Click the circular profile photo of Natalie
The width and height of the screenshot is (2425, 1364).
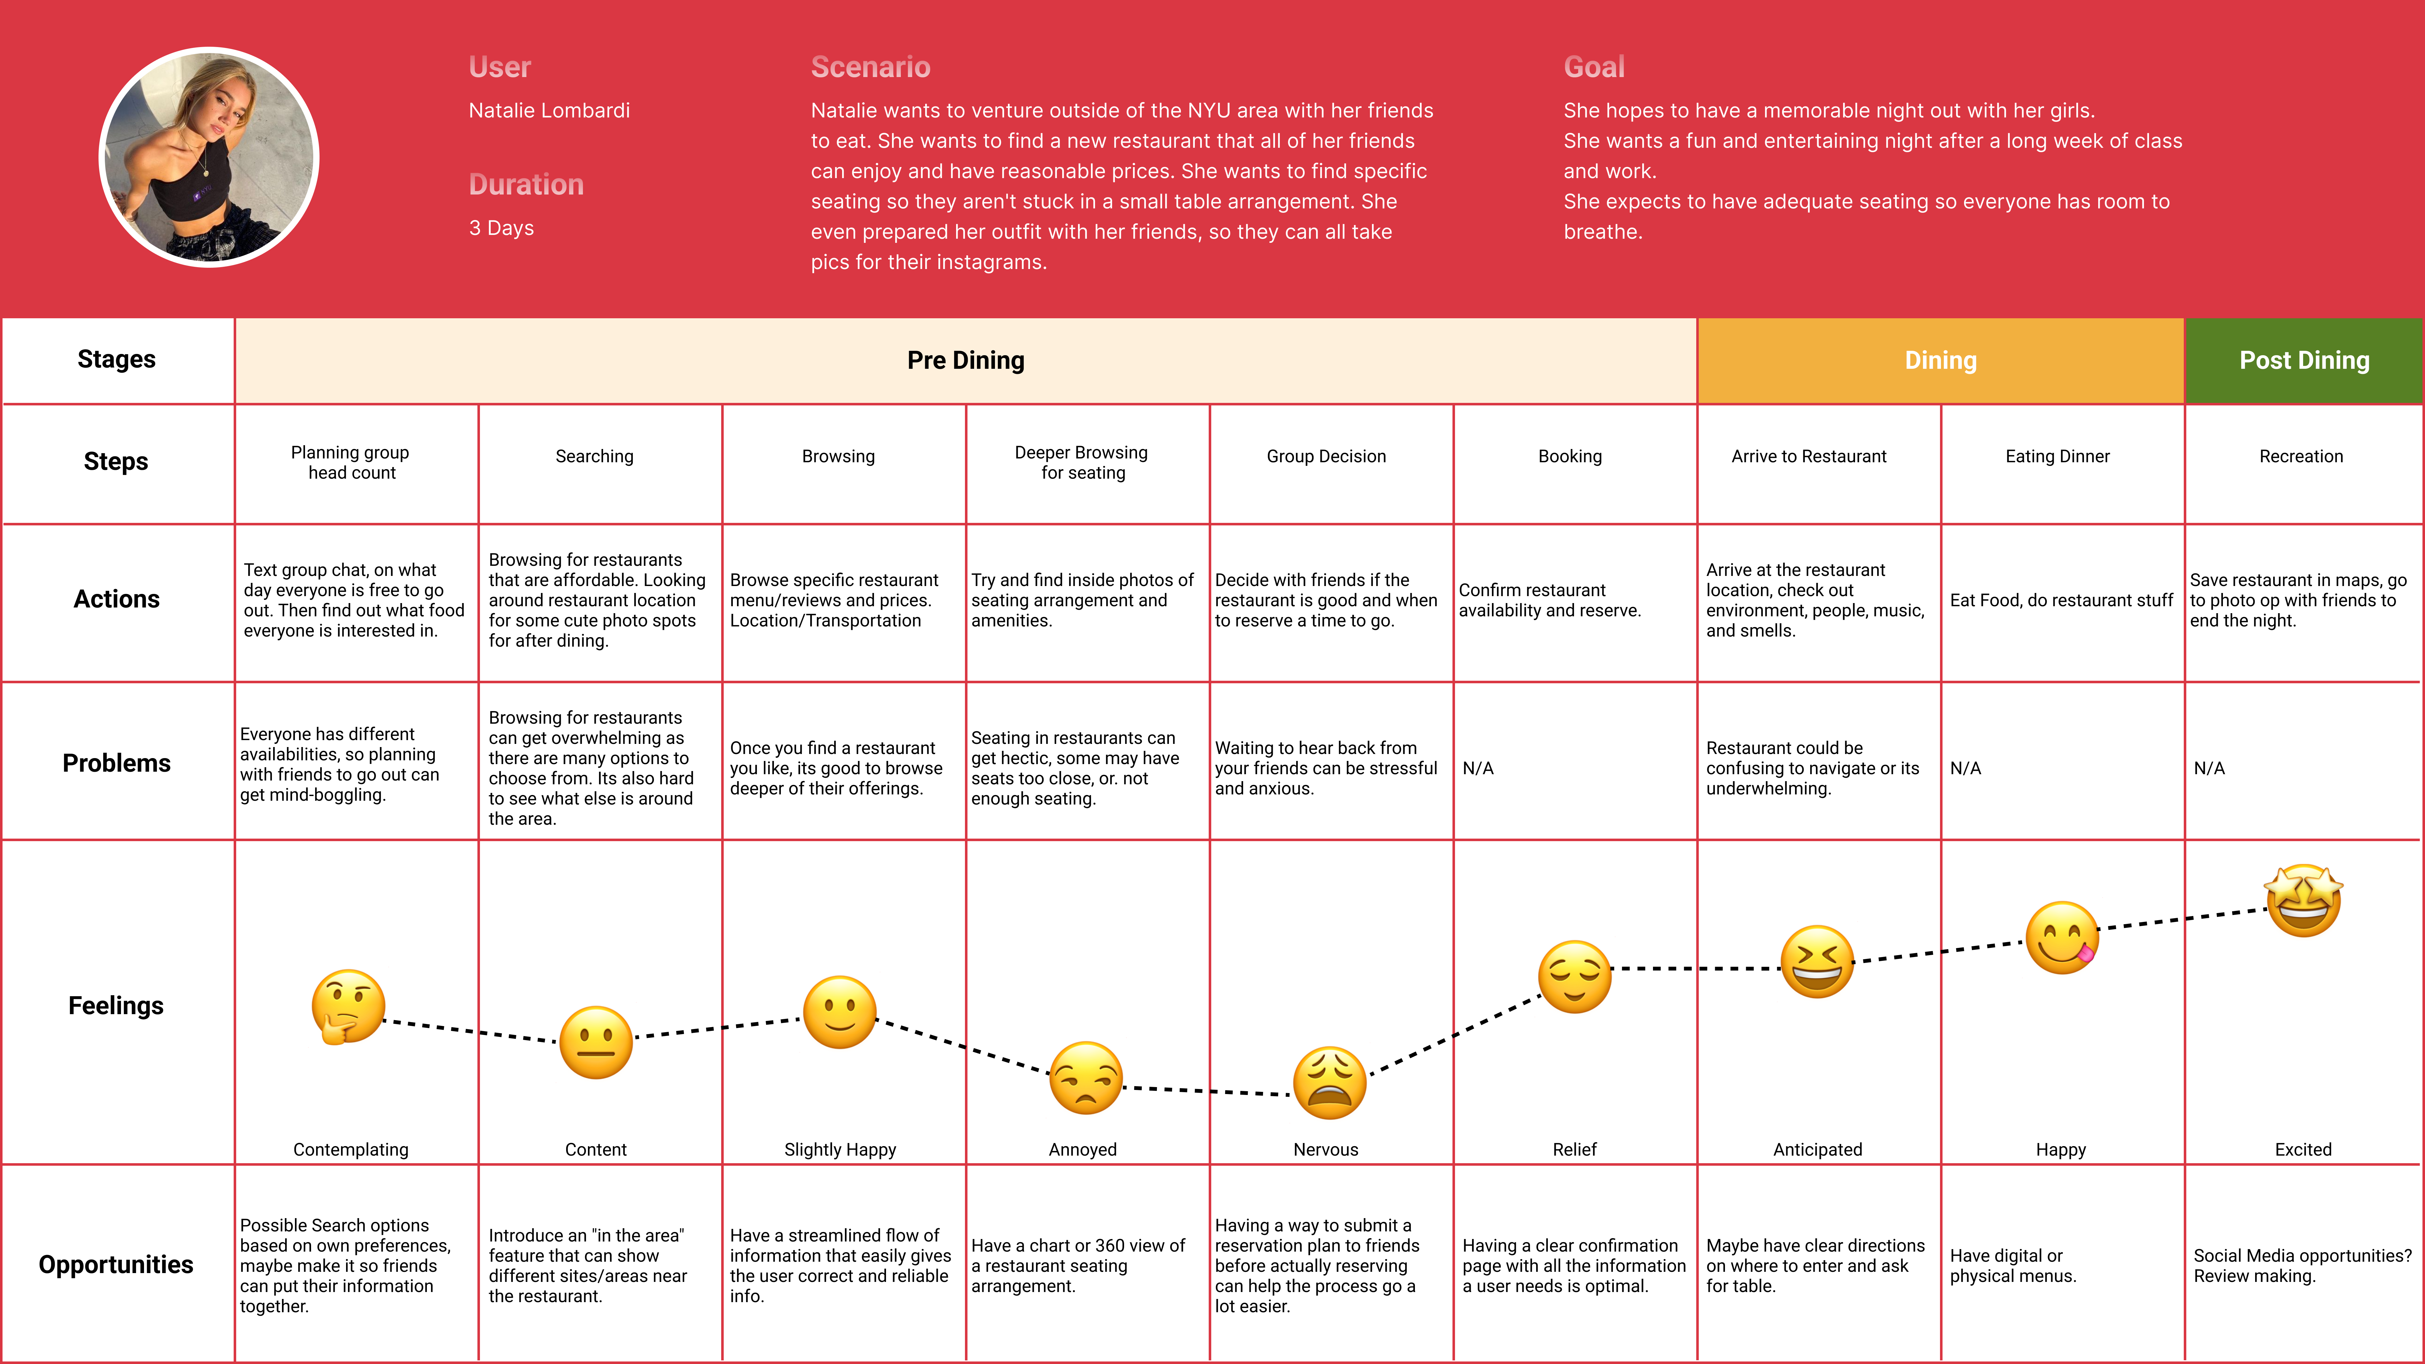tap(209, 157)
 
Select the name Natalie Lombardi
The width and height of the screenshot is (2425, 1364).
tap(549, 110)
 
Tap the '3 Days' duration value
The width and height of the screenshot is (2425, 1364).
tap(501, 228)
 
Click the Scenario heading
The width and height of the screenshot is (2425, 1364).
tap(870, 67)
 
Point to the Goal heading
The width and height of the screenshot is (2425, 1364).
tap(1594, 67)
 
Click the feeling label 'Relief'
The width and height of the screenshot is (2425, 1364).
tap(1574, 1149)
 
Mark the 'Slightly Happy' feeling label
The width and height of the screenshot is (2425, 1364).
tap(840, 1149)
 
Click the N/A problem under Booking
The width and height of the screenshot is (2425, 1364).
tap(1478, 768)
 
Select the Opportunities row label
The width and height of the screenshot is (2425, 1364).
tap(116, 1264)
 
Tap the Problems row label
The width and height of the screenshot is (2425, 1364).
tap(116, 763)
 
